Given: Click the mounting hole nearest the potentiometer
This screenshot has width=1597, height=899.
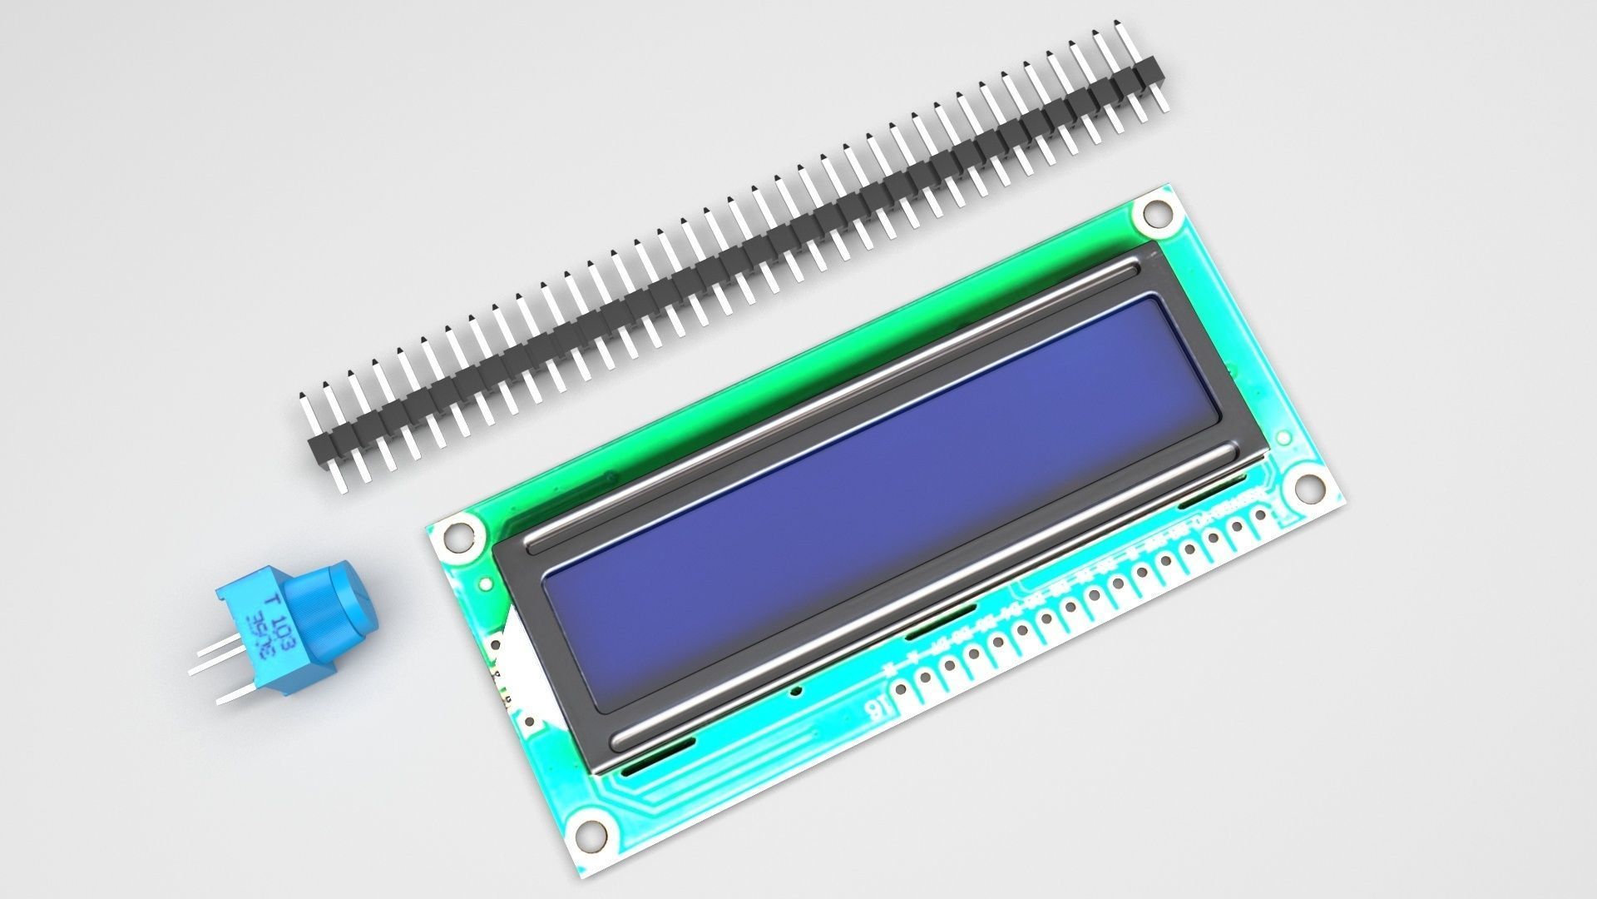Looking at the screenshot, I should point(456,535).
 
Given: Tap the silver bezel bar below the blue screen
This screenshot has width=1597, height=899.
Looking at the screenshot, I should point(923,595).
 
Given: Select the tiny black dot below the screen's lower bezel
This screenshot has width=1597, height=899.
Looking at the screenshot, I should point(797,690).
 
